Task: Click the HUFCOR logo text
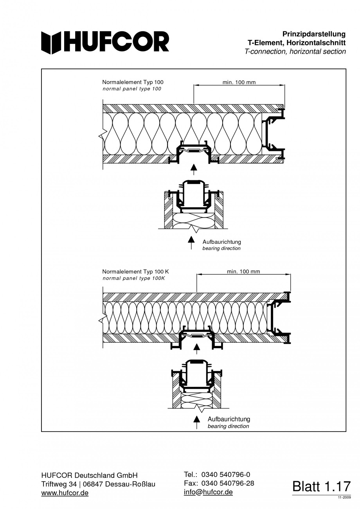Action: click(106, 42)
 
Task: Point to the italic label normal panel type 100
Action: click(131, 89)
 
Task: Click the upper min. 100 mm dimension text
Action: click(239, 83)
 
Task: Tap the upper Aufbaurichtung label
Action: click(221, 242)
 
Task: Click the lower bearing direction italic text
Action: click(228, 426)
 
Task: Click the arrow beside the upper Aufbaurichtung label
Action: click(191, 243)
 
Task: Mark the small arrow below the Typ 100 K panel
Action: click(197, 347)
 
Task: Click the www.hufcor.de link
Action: click(65, 493)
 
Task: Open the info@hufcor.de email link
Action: click(208, 492)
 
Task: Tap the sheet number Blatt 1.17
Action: click(321, 486)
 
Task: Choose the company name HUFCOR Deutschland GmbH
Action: click(90, 475)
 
